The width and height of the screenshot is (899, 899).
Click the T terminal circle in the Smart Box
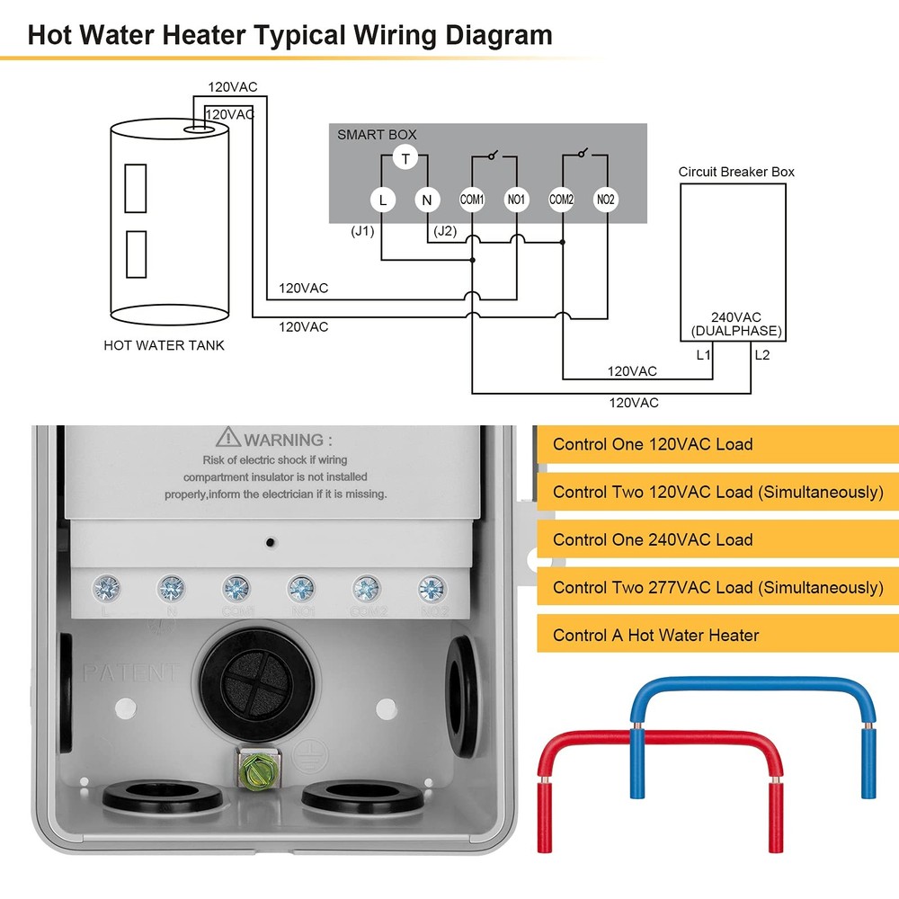point(405,159)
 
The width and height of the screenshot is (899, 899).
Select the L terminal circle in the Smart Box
point(382,200)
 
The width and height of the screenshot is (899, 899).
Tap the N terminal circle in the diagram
point(427,200)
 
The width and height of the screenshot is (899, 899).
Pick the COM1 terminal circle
point(472,200)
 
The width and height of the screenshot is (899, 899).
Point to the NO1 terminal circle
point(517,200)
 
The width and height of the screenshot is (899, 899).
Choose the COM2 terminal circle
point(562,200)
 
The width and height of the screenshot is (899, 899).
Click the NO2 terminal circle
point(606,200)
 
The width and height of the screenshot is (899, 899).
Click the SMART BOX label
point(377,135)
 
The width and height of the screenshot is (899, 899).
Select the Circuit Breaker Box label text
point(736,172)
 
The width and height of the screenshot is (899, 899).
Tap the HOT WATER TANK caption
point(164,345)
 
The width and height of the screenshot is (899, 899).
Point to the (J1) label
point(362,231)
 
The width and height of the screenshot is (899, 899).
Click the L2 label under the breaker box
point(762,355)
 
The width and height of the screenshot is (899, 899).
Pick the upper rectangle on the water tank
point(136,189)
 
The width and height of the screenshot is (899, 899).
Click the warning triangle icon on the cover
point(228,439)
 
